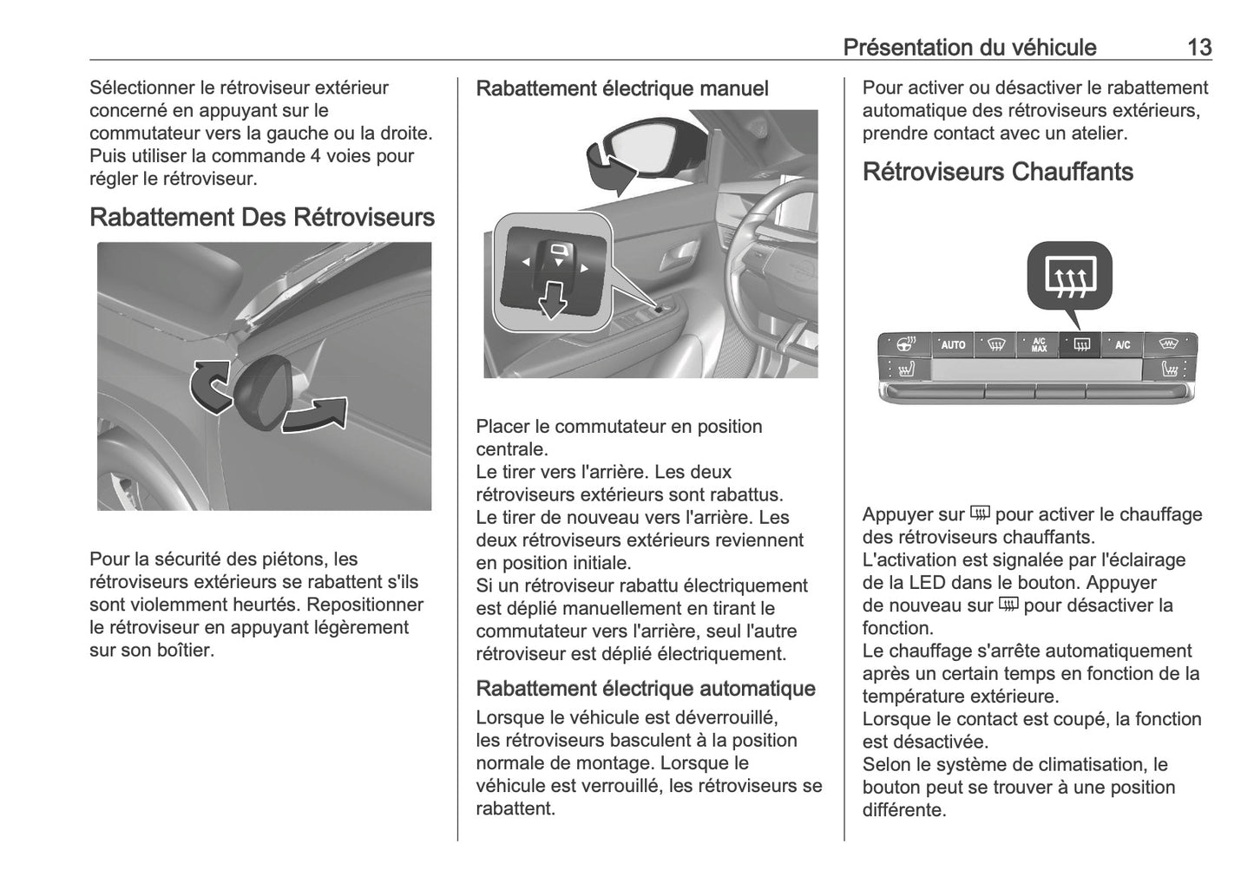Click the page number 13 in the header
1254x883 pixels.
(1198, 47)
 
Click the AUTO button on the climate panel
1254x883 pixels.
(953, 344)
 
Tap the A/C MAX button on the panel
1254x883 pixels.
(1038, 344)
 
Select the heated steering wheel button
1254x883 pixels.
(904, 344)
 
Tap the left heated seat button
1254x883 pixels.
(904, 370)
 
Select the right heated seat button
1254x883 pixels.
(1171, 370)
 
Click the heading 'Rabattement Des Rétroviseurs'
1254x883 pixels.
(262, 217)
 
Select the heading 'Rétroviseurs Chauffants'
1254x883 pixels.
(997, 172)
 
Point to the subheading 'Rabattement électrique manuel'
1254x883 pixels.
(621, 88)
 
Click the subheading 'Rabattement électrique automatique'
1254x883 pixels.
(645, 689)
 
